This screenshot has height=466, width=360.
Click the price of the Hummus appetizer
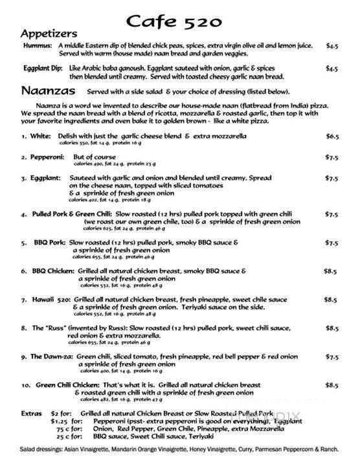tap(332, 47)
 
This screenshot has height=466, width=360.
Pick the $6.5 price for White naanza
tap(332, 137)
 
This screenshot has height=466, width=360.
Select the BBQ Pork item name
tap(51, 243)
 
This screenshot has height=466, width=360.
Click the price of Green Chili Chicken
tap(332, 385)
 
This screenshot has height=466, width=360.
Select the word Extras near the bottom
tap(30, 413)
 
